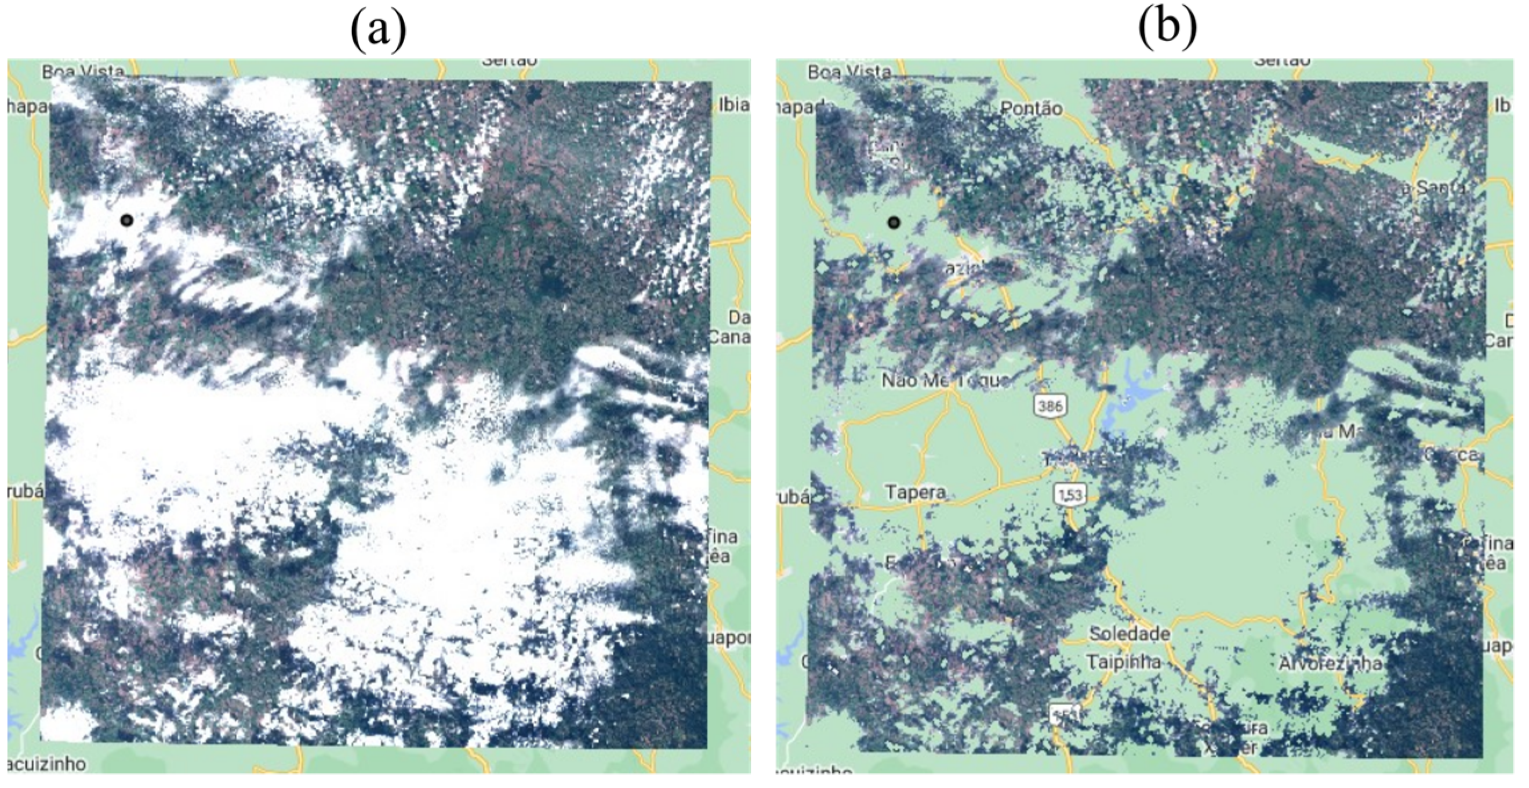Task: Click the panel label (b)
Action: [1167, 30]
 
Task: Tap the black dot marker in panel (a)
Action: [126, 221]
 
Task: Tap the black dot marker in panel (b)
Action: [894, 223]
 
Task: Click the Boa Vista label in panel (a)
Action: [83, 72]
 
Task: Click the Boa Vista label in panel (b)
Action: [849, 73]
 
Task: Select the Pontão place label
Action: [1031, 108]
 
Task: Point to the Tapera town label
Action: [914, 492]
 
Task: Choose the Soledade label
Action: [1130, 634]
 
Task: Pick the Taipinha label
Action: [1124, 662]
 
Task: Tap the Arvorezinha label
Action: [1330, 664]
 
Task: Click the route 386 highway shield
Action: [1051, 406]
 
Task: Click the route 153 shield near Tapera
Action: [1070, 494]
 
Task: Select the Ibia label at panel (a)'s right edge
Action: [733, 105]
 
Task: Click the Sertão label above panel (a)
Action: [509, 61]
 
